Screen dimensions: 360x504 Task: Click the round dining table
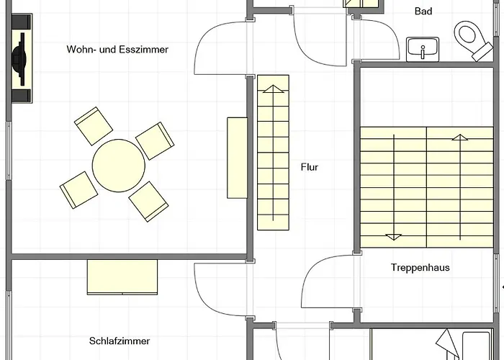pyautogui.click(x=117, y=166)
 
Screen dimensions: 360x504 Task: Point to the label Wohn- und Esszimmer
pyautogui.click(x=117, y=50)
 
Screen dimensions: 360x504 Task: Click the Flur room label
pyautogui.click(x=309, y=167)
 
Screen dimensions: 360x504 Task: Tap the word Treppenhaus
pyautogui.click(x=420, y=267)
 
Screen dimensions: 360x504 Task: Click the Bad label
pyautogui.click(x=423, y=11)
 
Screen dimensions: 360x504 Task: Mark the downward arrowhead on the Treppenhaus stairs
pyautogui.click(x=394, y=236)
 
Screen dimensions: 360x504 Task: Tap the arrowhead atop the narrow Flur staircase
pyautogui.click(x=273, y=89)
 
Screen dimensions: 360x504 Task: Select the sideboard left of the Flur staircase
pyautogui.click(x=237, y=157)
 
